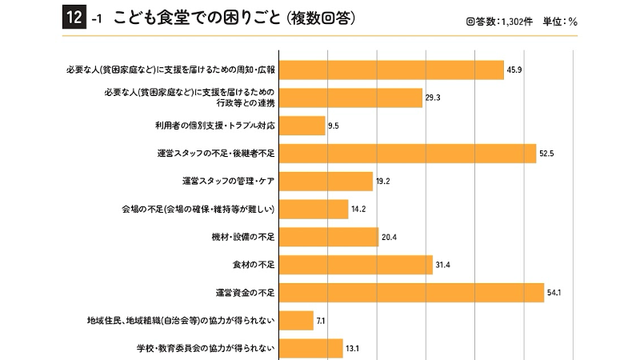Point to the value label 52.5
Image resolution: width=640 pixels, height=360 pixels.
547,154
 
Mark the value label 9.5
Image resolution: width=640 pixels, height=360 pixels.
334,126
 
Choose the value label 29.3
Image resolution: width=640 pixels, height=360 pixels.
433,98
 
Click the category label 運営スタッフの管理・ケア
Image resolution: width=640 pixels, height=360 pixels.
229,181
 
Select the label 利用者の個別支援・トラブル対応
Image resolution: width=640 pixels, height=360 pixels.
215,126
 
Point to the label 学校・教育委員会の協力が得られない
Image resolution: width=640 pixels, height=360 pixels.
206,348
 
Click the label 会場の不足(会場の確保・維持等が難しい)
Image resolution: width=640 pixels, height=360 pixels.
198,209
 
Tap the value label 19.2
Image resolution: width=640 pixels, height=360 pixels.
382,182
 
